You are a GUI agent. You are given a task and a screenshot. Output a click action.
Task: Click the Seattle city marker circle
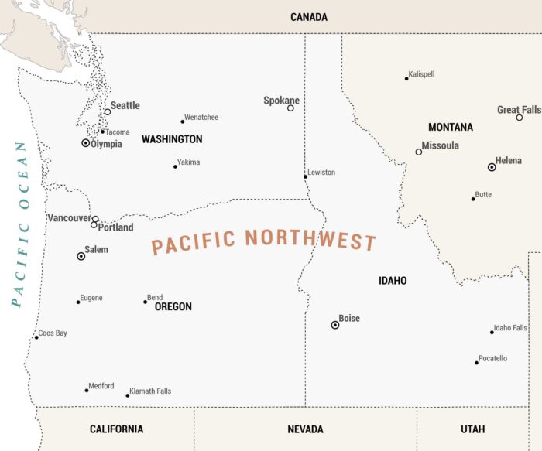pos(108,112)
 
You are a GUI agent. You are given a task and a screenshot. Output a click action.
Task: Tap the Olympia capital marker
pos(86,143)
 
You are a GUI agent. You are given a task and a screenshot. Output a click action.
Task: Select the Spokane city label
pos(281,101)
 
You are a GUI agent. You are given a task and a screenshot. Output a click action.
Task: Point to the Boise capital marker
pos(335,325)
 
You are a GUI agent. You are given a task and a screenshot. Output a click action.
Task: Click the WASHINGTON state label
pos(172,139)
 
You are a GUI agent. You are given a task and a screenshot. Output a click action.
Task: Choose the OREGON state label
pos(173,307)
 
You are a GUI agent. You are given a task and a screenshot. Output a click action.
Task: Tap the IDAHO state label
pos(393,281)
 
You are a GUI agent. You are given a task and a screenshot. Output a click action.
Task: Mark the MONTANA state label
pos(451,127)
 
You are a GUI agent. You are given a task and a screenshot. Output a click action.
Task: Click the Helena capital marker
pos(492,167)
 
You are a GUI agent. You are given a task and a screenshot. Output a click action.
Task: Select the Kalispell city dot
pos(406,78)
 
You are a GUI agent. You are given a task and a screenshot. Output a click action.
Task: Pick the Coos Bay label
pos(53,333)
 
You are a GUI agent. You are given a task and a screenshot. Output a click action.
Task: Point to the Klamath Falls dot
pos(128,395)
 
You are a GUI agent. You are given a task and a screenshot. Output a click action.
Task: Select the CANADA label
pos(309,17)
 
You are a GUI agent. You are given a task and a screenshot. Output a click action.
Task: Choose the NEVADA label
pos(305,429)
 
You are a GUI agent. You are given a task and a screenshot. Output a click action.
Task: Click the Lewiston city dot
pos(305,176)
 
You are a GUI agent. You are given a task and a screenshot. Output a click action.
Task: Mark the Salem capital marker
pos(81,255)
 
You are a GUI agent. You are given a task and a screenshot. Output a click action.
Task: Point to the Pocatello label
pos(493,358)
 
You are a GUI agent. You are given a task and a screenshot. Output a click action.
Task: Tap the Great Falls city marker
pos(520,118)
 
